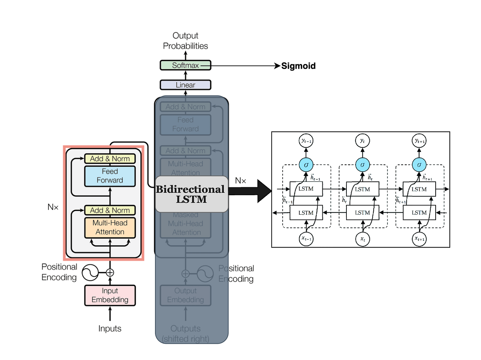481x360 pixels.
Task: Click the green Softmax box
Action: tap(185, 65)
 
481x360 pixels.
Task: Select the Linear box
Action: tap(185, 85)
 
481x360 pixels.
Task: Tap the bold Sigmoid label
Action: tap(298, 66)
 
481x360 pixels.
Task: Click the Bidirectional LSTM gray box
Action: tap(191, 194)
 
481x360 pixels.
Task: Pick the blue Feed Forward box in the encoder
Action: tap(110, 176)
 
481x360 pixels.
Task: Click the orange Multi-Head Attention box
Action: tap(110, 227)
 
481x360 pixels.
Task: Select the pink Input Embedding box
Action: tap(110, 296)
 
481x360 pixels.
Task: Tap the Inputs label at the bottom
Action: tap(110, 328)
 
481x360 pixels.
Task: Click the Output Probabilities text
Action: tap(185, 41)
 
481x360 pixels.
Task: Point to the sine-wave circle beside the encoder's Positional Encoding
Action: tap(90, 272)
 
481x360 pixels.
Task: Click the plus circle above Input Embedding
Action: tap(110, 272)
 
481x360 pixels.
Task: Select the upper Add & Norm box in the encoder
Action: tap(110, 159)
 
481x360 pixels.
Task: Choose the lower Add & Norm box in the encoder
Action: tap(110, 210)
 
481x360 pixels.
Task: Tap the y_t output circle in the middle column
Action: tap(362, 141)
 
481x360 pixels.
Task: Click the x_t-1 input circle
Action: tap(306, 239)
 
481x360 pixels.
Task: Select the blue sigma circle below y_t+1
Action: tap(419, 165)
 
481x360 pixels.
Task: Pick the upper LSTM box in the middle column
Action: tap(362, 189)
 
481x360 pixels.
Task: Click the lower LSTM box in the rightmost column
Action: tap(419, 213)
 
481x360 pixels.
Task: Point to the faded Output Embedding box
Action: tap(185, 295)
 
